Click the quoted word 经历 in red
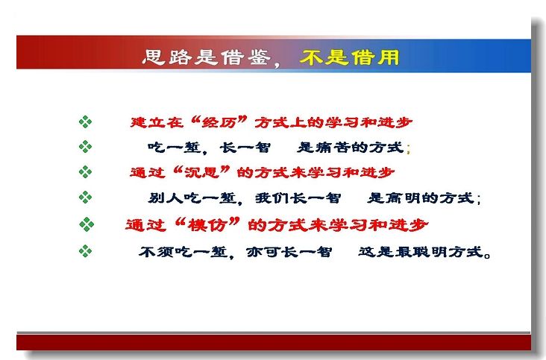[219, 122]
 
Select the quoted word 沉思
[201, 172]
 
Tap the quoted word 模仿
[207, 225]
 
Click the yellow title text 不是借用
[349, 57]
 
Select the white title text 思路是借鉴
[207, 57]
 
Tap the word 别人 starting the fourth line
[166, 198]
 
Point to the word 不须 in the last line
[157, 251]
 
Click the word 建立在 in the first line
[157, 122]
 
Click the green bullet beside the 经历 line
[85, 122]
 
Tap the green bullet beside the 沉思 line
[85, 172]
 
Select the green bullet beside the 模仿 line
[87, 224]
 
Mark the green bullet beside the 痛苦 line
[85, 146]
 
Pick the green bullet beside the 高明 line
[85, 198]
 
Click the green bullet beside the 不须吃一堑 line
[85, 250]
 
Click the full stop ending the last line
[487, 256]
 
